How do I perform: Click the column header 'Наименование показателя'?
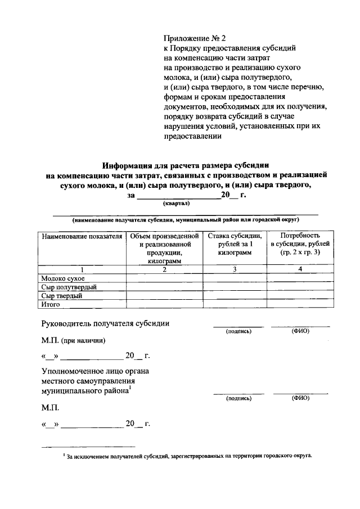pyautogui.click(x=82, y=236)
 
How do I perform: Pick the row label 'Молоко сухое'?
pyautogui.click(x=63, y=278)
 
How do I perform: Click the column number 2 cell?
pyautogui.click(x=164, y=269)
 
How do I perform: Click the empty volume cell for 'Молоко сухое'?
pyautogui.click(x=164, y=278)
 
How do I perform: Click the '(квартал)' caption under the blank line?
pyautogui.click(x=177, y=204)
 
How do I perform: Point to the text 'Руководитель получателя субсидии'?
pyautogui.click(x=106, y=323)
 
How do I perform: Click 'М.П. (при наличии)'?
pyautogui.click(x=73, y=340)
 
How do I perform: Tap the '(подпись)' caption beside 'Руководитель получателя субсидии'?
pyautogui.click(x=238, y=331)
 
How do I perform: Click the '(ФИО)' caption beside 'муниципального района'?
pyautogui.click(x=300, y=398)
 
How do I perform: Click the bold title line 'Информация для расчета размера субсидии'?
pyautogui.click(x=186, y=165)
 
